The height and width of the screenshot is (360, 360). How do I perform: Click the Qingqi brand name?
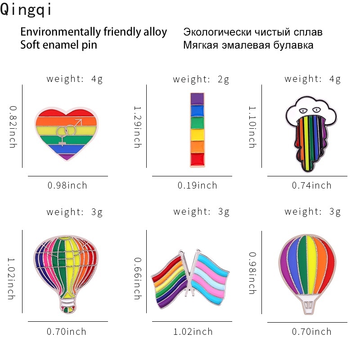click(26, 10)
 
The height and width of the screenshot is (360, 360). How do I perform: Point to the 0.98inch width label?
click(67, 185)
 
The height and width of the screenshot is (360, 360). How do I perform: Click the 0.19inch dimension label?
click(197, 185)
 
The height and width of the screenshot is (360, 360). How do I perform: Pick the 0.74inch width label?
click(311, 185)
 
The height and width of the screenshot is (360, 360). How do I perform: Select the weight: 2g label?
click(201, 80)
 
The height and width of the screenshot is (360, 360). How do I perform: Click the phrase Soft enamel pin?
click(58, 45)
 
